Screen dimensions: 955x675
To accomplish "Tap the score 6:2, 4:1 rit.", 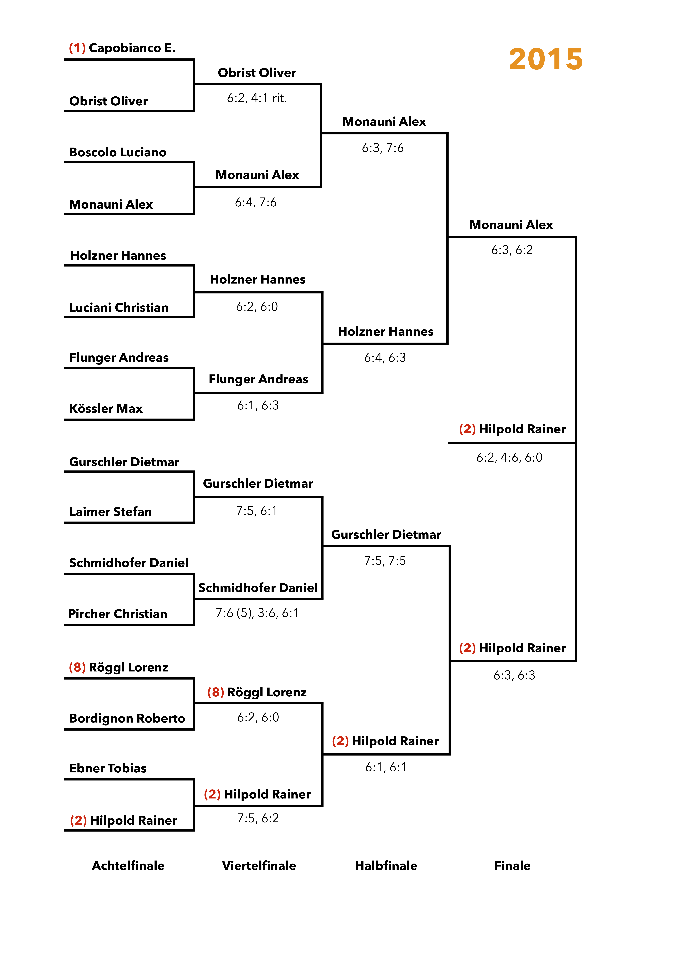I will tap(257, 98).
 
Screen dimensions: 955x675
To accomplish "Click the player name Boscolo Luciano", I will tap(118, 152).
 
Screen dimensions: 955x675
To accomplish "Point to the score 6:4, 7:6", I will tap(255, 203).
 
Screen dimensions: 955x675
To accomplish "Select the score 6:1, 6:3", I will tap(258, 406).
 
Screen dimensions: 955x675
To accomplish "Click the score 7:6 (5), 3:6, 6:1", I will tap(257, 613).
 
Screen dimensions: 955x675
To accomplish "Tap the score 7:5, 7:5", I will tap(385, 561).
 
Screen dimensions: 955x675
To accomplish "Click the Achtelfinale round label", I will tap(128, 866).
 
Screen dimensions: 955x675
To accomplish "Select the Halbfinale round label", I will tap(386, 866).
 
